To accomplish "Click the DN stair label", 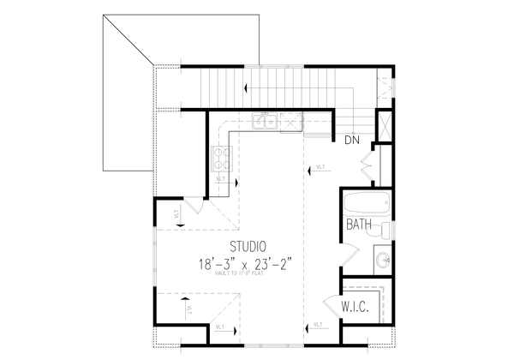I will tap(350, 139).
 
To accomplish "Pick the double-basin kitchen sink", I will tap(266, 123).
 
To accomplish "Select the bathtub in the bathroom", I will tap(367, 205).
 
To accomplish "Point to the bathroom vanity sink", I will tap(382, 258).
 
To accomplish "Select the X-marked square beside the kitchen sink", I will tap(292, 123).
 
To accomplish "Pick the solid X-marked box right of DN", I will tap(384, 129).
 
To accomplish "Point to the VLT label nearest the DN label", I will tap(320, 167).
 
